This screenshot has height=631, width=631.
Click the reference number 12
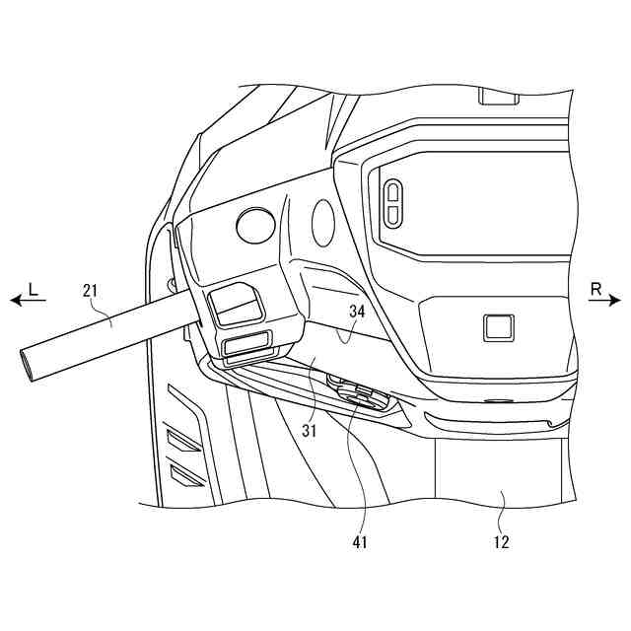click(502, 541)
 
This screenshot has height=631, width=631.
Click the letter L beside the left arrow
click(33, 289)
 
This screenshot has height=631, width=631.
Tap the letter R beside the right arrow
click(596, 289)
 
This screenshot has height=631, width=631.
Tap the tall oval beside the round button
click(323, 223)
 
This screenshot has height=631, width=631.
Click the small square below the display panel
click(498, 327)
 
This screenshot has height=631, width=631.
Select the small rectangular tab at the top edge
click(498, 97)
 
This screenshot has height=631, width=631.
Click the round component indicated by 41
click(358, 395)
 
